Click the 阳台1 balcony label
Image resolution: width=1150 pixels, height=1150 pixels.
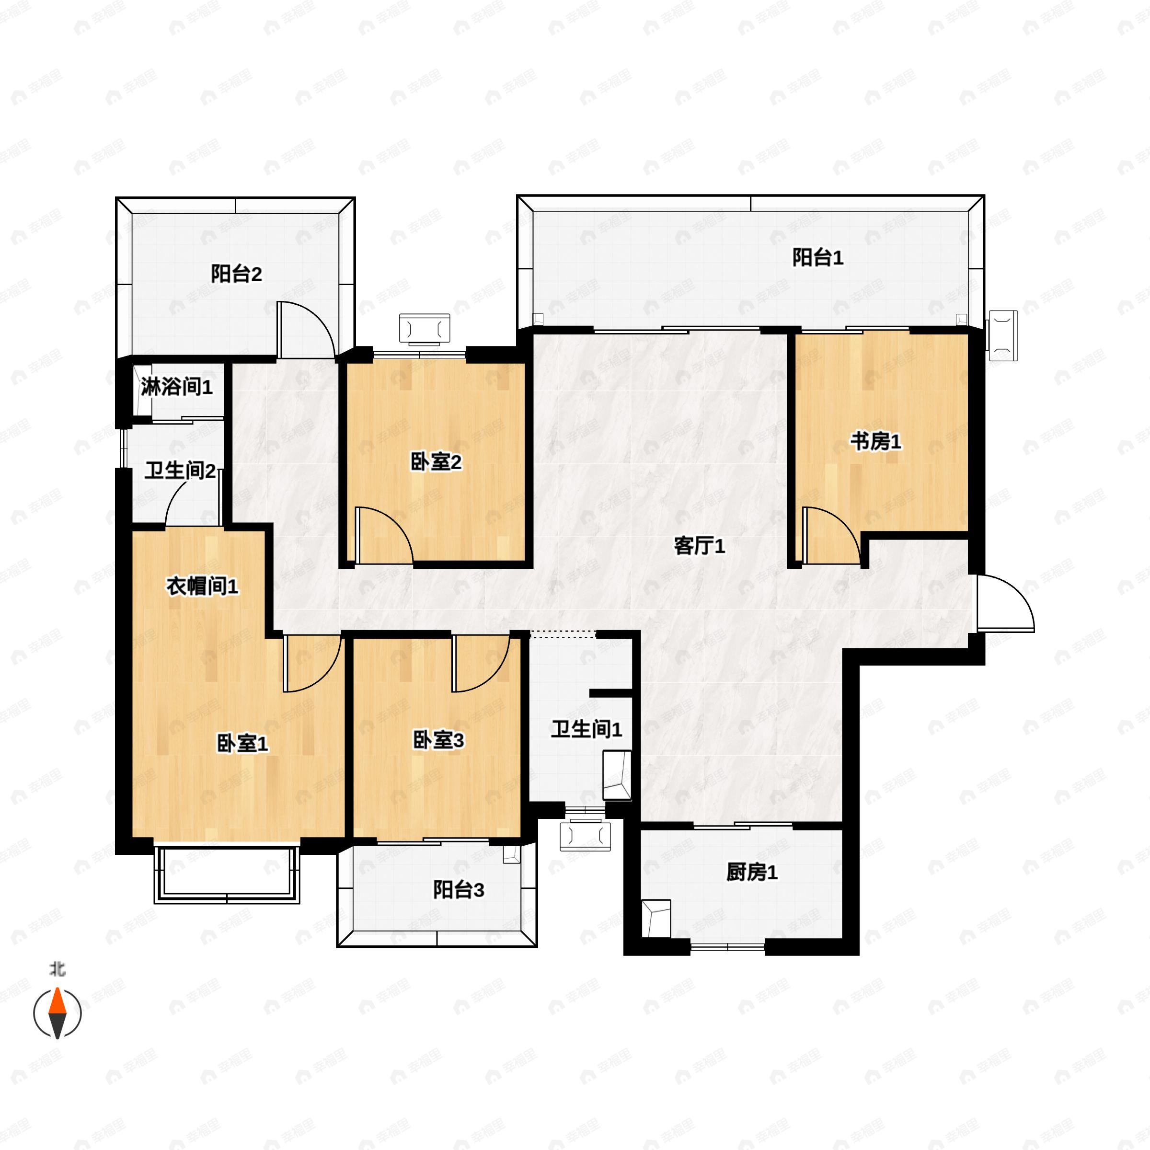[x=817, y=258]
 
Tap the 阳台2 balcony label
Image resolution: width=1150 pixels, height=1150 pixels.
[x=236, y=275]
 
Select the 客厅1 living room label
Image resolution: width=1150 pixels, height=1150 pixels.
[x=700, y=546]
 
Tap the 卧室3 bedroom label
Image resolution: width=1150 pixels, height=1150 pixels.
[x=439, y=740]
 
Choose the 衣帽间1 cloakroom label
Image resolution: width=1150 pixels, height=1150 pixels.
[x=202, y=586]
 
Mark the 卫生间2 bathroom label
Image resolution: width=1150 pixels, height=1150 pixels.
[x=180, y=471]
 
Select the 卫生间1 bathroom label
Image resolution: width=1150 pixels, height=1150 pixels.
[x=586, y=729]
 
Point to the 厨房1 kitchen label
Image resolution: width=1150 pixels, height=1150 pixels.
[x=752, y=873]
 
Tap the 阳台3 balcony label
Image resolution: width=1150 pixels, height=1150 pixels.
[x=459, y=890]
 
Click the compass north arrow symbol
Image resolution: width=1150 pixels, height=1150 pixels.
[x=57, y=1012]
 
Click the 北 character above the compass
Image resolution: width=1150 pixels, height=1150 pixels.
[x=57, y=970]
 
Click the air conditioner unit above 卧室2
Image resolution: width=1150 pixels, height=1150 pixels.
[x=425, y=329]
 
